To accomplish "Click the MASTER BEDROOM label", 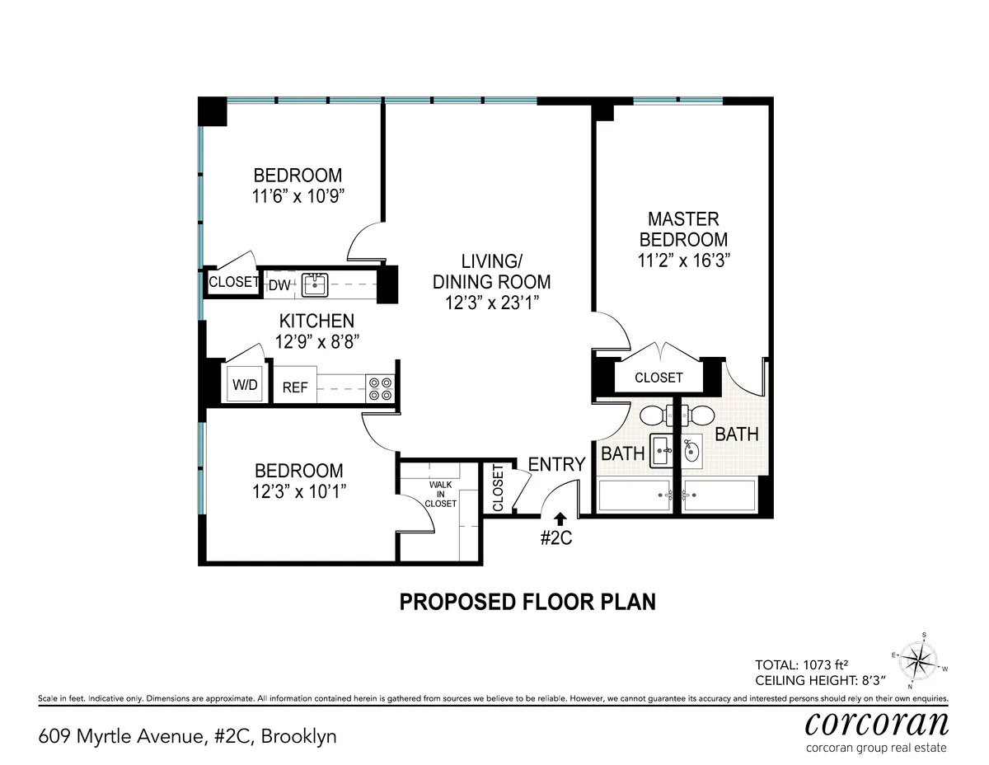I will pyautogui.click(x=683, y=229).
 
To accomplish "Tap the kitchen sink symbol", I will pyautogui.click(x=313, y=285).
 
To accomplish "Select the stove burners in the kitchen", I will pyautogui.click(x=381, y=387).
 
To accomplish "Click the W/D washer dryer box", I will pyautogui.click(x=245, y=385).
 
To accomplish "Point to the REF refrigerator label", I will pyautogui.click(x=295, y=387).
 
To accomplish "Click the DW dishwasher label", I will pyautogui.click(x=280, y=285).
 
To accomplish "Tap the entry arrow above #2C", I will pyautogui.click(x=560, y=517).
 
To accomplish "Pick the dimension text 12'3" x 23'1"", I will pyautogui.click(x=491, y=303).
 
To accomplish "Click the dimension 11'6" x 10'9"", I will pyautogui.click(x=297, y=196).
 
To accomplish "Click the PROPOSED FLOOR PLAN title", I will pyautogui.click(x=527, y=602).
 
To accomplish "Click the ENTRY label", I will pyautogui.click(x=556, y=464).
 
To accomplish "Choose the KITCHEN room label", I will pyautogui.click(x=316, y=321).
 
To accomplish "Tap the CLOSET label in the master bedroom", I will pyautogui.click(x=659, y=378).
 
